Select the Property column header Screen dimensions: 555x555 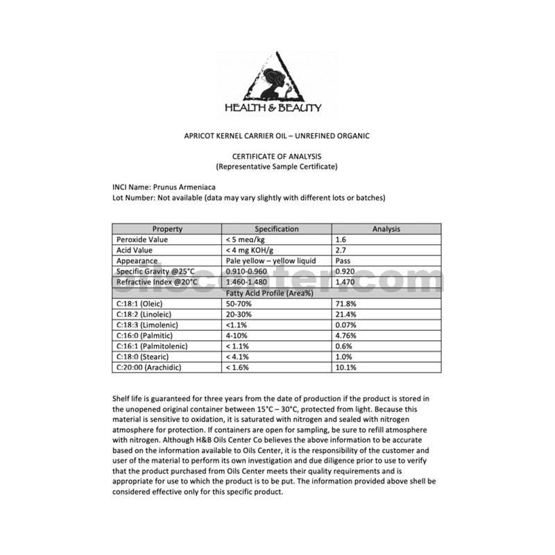click(167, 229)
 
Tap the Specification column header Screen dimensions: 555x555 click(277, 229)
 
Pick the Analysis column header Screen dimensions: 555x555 click(386, 229)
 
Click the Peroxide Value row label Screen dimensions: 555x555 click(142, 239)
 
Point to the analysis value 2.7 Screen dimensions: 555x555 click(341, 250)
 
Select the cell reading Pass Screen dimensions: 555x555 click(342, 261)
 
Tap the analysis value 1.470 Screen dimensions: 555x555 click(345, 282)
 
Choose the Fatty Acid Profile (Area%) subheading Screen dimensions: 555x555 click(277, 293)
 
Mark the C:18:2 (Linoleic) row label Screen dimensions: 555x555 click(146, 314)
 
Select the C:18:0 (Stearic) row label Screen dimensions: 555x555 click(145, 357)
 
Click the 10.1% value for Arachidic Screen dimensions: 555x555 click(345, 367)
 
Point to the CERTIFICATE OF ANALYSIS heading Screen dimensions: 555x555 click(277, 157)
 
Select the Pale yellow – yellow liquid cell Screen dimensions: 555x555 click(271, 261)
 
